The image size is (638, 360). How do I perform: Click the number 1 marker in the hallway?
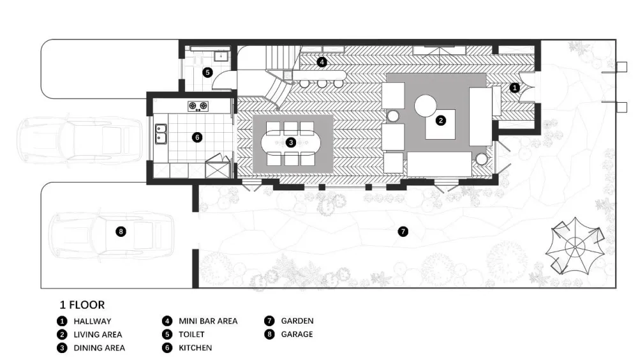[x=515, y=87]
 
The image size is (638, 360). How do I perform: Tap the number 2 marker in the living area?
[x=441, y=121]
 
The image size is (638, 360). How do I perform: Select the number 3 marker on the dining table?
[x=291, y=142]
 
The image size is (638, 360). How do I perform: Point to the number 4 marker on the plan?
[x=322, y=62]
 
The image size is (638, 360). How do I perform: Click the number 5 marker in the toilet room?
[x=207, y=73]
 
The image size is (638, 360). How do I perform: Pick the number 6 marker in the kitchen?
[x=197, y=137]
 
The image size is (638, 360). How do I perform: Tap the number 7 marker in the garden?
[x=403, y=232]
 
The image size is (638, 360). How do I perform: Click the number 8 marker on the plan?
[x=121, y=232]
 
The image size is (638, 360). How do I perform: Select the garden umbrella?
[x=575, y=246]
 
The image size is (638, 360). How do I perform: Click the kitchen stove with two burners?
[x=198, y=107]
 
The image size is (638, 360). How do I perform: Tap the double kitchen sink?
[x=161, y=134]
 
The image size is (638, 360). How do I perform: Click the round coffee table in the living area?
[x=426, y=105]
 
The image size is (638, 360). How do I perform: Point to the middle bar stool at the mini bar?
[x=322, y=84]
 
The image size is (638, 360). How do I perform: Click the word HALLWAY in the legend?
[x=93, y=321]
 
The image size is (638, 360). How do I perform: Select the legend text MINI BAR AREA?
[x=208, y=321]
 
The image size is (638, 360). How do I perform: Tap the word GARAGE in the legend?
[x=297, y=334]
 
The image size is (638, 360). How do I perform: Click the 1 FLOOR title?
[x=82, y=304]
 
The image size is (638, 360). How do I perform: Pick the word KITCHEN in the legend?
[x=195, y=348]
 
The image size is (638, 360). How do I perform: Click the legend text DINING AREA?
[x=100, y=348]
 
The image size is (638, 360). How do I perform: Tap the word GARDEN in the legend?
[x=297, y=321]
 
